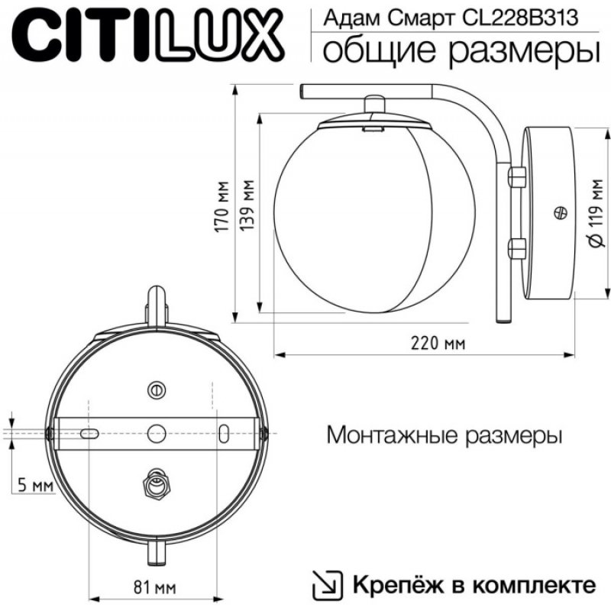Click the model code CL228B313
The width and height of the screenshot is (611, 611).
tap(519, 18)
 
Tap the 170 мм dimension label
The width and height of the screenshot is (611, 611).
tap(222, 206)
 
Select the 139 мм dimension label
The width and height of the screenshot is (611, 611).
tap(247, 205)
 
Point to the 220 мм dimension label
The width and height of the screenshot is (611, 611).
tap(438, 344)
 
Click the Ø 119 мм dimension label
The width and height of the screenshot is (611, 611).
tap(596, 213)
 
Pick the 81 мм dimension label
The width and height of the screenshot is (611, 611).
tap(155, 587)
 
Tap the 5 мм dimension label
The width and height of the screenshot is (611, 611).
tap(35, 486)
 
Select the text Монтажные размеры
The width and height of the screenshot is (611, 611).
tap(445, 435)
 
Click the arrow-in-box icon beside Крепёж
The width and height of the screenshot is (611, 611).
tap(328, 585)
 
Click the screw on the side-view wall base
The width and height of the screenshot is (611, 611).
tap(561, 213)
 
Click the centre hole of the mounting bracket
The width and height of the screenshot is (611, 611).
tap(157, 433)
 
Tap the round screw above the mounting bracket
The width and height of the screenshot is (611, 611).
tap(157, 390)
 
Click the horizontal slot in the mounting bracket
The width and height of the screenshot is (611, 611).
tap(89, 433)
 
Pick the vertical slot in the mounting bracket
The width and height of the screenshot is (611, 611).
tap(224, 434)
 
